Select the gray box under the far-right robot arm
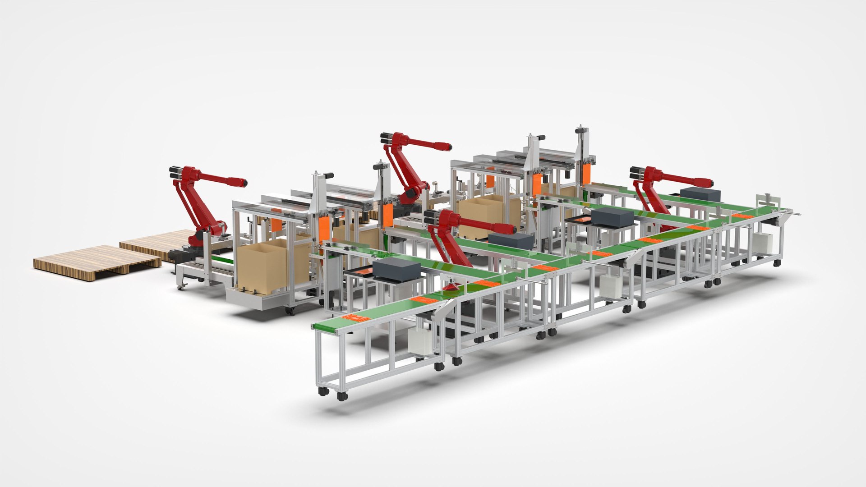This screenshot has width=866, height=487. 700,195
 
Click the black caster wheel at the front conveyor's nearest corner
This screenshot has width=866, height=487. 342,396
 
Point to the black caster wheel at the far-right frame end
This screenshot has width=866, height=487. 777,262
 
